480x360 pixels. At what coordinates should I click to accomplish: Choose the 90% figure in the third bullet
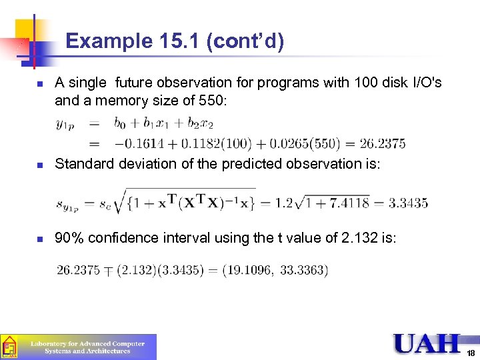click(69, 238)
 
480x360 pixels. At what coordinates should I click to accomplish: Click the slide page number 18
click(471, 353)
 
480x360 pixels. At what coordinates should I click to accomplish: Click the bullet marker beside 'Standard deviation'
click(40, 164)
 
